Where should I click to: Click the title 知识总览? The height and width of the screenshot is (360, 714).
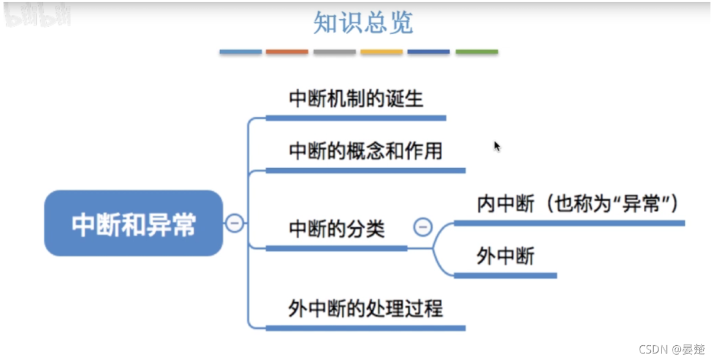pyautogui.click(x=363, y=22)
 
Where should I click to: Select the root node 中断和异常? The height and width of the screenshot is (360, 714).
pyautogui.click(x=134, y=224)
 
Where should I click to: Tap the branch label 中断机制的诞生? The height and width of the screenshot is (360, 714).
pyautogui.click(x=356, y=99)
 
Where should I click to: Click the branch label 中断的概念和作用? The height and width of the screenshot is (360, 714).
pyautogui.click(x=366, y=151)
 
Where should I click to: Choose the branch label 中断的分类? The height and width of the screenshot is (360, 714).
pyautogui.click(x=337, y=228)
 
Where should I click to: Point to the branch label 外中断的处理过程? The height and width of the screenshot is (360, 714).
pyautogui.click(x=366, y=309)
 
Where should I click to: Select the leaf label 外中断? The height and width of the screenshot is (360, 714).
pyautogui.click(x=506, y=256)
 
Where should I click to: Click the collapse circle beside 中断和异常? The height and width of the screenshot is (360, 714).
pyautogui.click(x=234, y=223)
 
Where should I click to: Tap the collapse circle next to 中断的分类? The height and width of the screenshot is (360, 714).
pyautogui.click(x=422, y=227)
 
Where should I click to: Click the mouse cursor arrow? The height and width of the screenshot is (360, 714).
pyautogui.click(x=497, y=146)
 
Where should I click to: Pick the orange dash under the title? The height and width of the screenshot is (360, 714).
pyautogui.click(x=287, y=52)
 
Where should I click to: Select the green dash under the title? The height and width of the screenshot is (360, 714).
pyautogui.click(x=477, y=52)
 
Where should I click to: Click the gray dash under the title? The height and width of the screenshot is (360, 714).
pyautogui.click(x=335, y=52)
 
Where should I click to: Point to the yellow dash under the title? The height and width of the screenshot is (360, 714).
pyautogui.click(x=382, y=52)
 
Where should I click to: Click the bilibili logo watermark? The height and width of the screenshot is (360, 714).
pyautogui.click(x=37, y=17)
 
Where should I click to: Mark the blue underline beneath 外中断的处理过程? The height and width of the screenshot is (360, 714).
pyautogui.click(x=366, y=328)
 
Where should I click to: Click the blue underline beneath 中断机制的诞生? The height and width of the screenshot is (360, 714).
pyautogui.click(x=356, y=118)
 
